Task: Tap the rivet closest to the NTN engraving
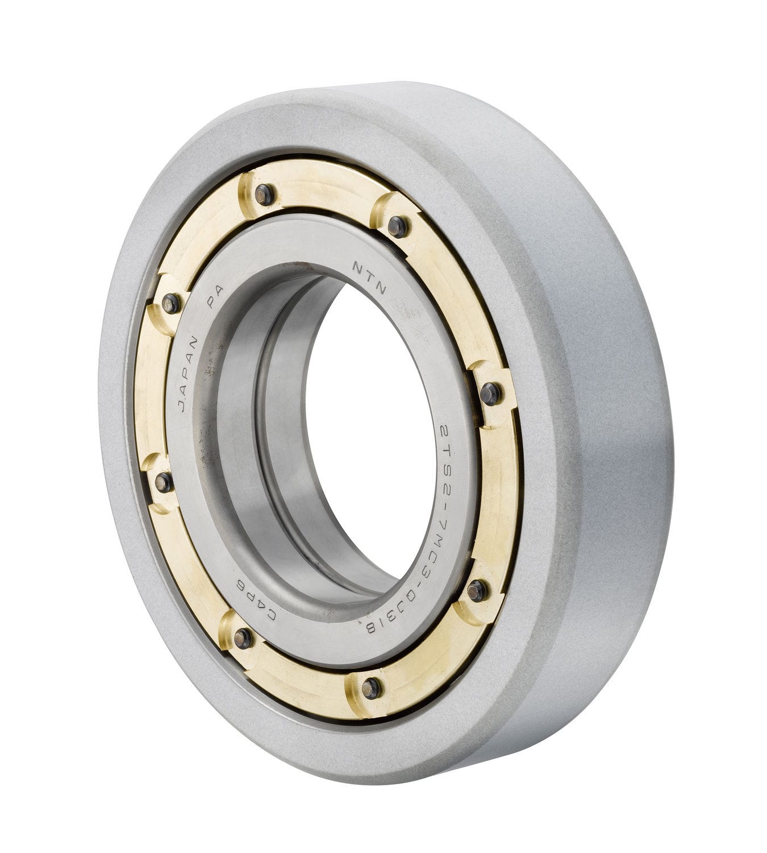coord(398,226)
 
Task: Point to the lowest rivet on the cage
coord(370,688)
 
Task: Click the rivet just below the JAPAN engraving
coord(164,482)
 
